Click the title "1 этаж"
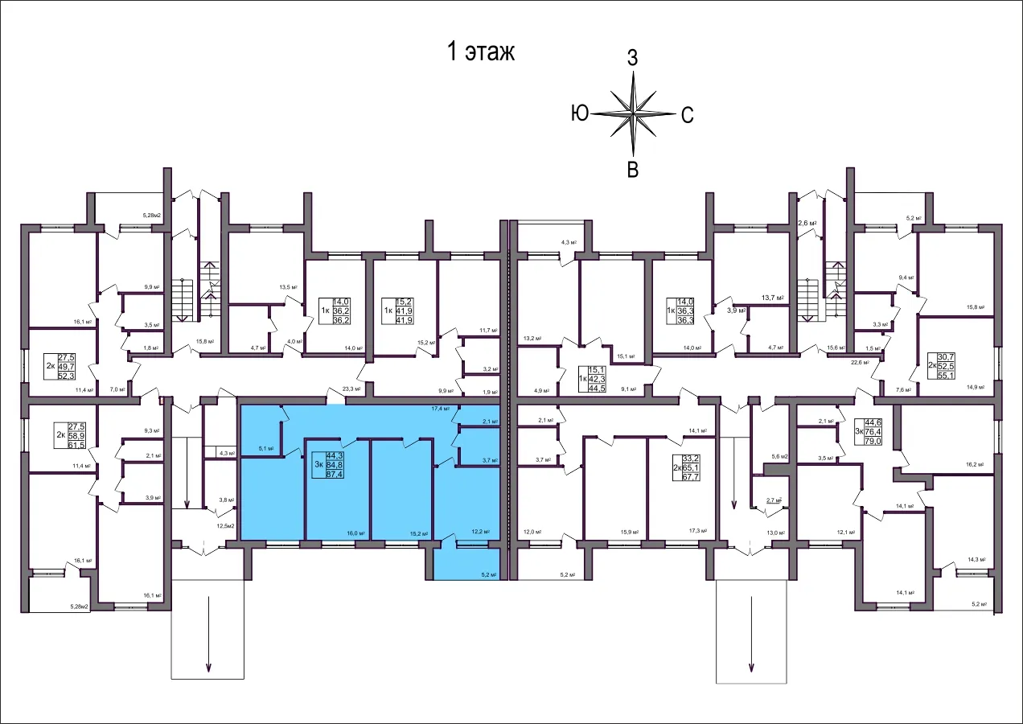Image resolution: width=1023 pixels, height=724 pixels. pos(480,52)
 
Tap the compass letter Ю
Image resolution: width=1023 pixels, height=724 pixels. pos(579,113)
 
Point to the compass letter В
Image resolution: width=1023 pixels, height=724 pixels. pos(633,170)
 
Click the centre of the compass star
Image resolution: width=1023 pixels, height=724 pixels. pos(634,113)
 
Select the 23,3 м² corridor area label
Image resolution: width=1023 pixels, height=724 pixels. pos(352,388)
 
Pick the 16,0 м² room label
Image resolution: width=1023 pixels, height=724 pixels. pos(355,533)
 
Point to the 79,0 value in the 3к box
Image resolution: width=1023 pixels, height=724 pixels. pos(873,441)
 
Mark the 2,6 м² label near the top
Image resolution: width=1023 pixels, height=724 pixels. pos(807,224)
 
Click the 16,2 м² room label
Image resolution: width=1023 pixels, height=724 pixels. pos(975,464)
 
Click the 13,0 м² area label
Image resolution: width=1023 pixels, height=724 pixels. pos(776,533)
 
